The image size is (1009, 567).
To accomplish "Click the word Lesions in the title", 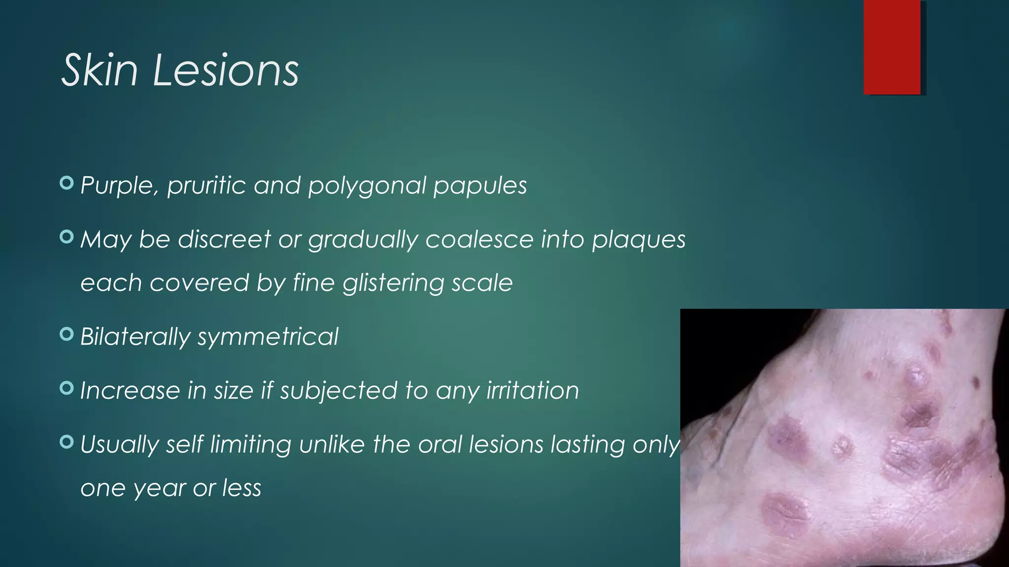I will pos(226,71).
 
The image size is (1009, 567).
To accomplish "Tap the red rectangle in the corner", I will pos(892,47).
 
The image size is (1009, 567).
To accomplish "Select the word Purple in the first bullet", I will pos(119,186).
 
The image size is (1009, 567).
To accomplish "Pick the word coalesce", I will pos(479,240).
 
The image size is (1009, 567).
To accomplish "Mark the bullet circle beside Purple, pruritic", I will pos(66,183).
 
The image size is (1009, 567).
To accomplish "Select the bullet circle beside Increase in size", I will pos(66,388).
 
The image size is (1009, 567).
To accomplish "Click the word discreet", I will pos(224,240).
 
